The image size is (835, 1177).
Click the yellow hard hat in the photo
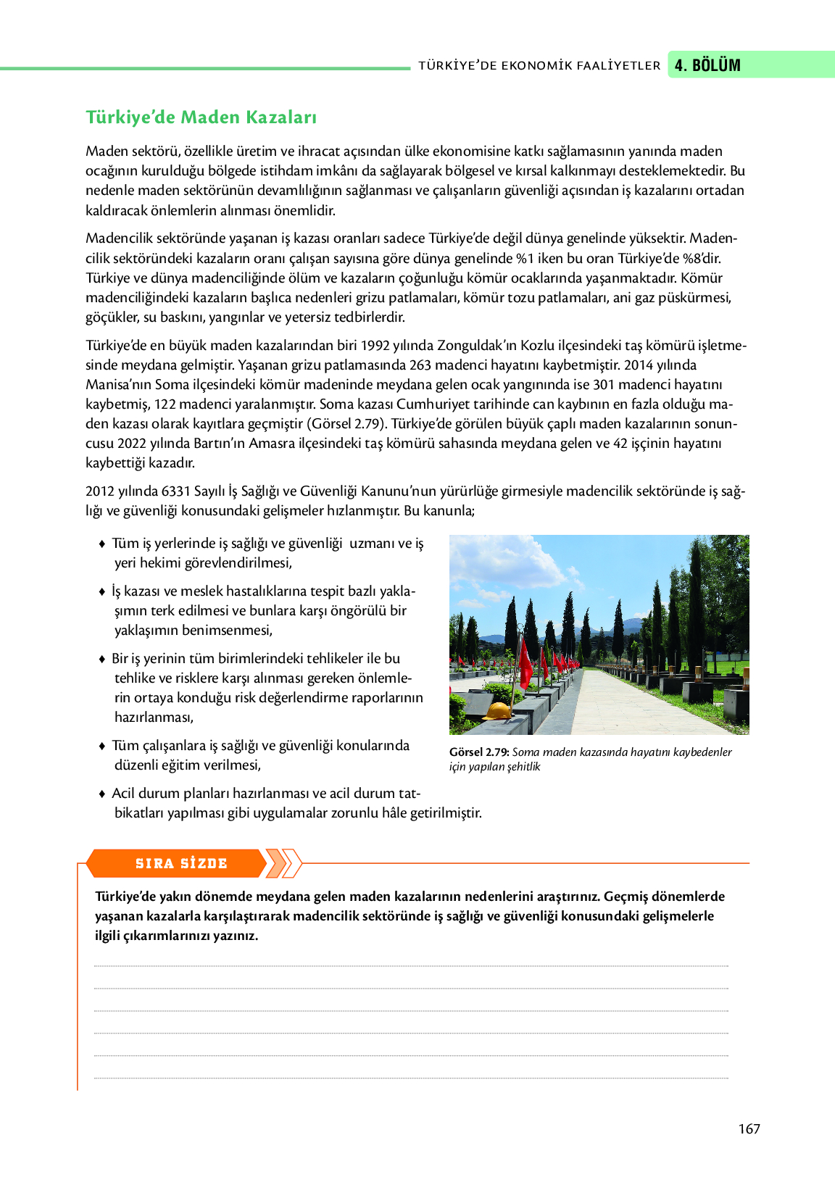[x=498, y=710]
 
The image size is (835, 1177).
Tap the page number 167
[x=749, y=1128]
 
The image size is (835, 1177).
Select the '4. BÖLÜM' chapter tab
[x=707, y=65]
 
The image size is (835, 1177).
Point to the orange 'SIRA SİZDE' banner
[x=181, y=863]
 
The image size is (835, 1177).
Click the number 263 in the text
[x=420, y=365]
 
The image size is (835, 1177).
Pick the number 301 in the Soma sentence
[x=604, y=385]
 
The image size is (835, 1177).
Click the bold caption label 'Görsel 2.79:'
[x=479, y=752]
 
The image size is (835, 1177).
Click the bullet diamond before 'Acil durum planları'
[x=102, y=794]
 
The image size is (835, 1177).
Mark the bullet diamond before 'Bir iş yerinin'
[x=102, y=659]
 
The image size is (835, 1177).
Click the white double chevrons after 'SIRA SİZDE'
[x=283, y=863]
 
